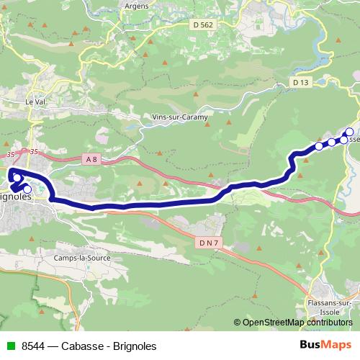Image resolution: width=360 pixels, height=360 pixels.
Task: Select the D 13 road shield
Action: (301, 83)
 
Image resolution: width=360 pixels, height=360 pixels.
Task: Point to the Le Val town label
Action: (35, 102)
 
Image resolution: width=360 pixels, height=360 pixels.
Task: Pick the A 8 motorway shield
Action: (90, 158)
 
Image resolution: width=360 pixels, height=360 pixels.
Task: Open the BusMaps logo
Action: (325, 345)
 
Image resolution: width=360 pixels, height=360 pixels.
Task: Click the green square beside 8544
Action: (9, 346)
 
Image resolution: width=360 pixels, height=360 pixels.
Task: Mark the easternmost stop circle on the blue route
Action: (349, 132)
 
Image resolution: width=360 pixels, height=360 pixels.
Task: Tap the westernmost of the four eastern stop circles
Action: (319, 146)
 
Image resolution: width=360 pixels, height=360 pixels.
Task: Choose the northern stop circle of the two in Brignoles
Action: (17, 177)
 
